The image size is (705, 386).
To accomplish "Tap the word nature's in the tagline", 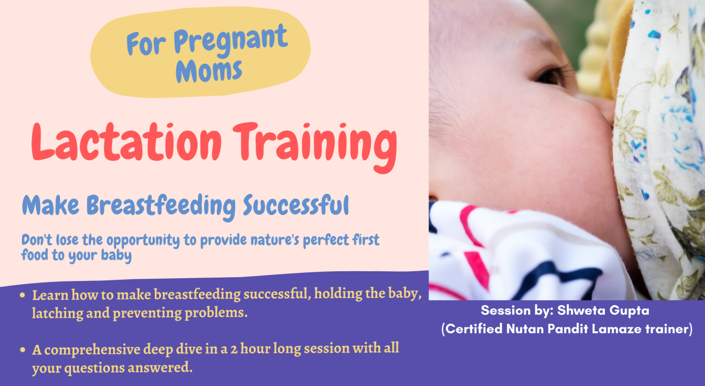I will click(x=272, y=240).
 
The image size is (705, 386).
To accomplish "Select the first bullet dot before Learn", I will click(x=22, y=295).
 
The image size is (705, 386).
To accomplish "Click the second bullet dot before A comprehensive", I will click(x=22, y=350).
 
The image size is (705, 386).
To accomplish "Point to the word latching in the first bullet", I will click(x=52, y=313).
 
